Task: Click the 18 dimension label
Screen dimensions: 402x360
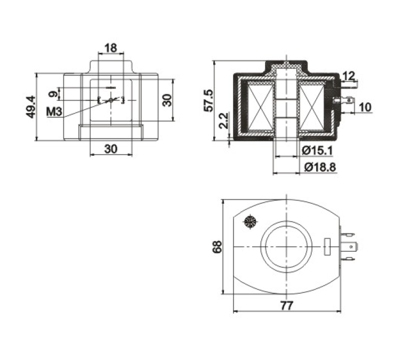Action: pos(111,47)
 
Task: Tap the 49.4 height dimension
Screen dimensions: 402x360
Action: pos(31,107)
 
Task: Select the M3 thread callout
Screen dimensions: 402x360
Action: pos(54,112)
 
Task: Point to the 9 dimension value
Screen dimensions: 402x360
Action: pos(53,94)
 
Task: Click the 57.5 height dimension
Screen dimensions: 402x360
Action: pos(208,100)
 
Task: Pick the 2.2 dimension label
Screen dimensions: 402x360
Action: pos(223,120)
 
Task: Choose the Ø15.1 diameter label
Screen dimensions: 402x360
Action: pos(317,150)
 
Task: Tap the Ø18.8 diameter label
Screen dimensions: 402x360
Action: pos(320,167)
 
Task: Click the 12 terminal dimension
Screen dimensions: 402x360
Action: pos(349,76)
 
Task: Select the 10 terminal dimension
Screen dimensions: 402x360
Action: pos(365,107)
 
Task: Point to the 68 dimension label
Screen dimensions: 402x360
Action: pos(217,246)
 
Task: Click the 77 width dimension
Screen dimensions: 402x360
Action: pos(286,306)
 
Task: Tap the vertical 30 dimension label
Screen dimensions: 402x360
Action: pos(167,100)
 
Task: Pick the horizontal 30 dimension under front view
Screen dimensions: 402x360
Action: pos(111,149)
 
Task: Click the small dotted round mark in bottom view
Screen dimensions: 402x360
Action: pos(251,221)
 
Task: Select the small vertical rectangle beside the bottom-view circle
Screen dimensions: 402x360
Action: pos(327,246)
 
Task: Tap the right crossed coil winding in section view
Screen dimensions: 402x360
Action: pos(312,107)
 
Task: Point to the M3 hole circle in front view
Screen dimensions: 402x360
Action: pos(111,100)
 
